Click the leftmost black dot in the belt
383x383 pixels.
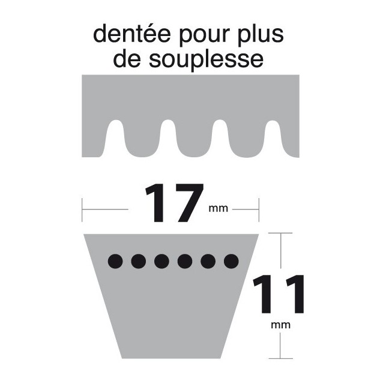coord(115,261)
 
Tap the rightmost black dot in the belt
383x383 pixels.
coord(231,261)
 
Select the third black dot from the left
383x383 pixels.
coord(161,261)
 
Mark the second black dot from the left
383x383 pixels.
coord(138,261)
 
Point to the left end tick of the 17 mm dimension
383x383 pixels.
coord(82,210)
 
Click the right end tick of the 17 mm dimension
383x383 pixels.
coord(259,210)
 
